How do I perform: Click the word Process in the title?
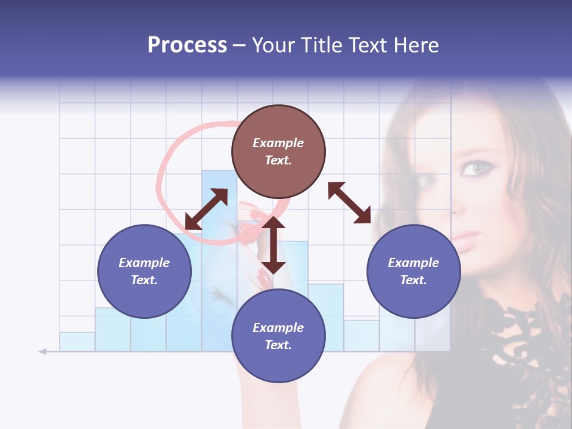tap(187, 45)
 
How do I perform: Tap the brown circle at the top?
tap(278, 152)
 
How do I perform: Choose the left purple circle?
tap(144, 271)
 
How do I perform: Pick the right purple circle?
tap(414, 271)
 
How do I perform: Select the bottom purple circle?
tap(278, 336)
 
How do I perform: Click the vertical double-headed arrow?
tap(273, 245)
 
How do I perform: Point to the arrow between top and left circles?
tap(206, 209)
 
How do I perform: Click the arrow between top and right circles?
tap(349, 203)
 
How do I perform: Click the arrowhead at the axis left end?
tap(42, 352)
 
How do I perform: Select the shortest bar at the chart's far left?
tap(77, 341)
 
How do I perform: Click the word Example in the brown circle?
tap(278, 143)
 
